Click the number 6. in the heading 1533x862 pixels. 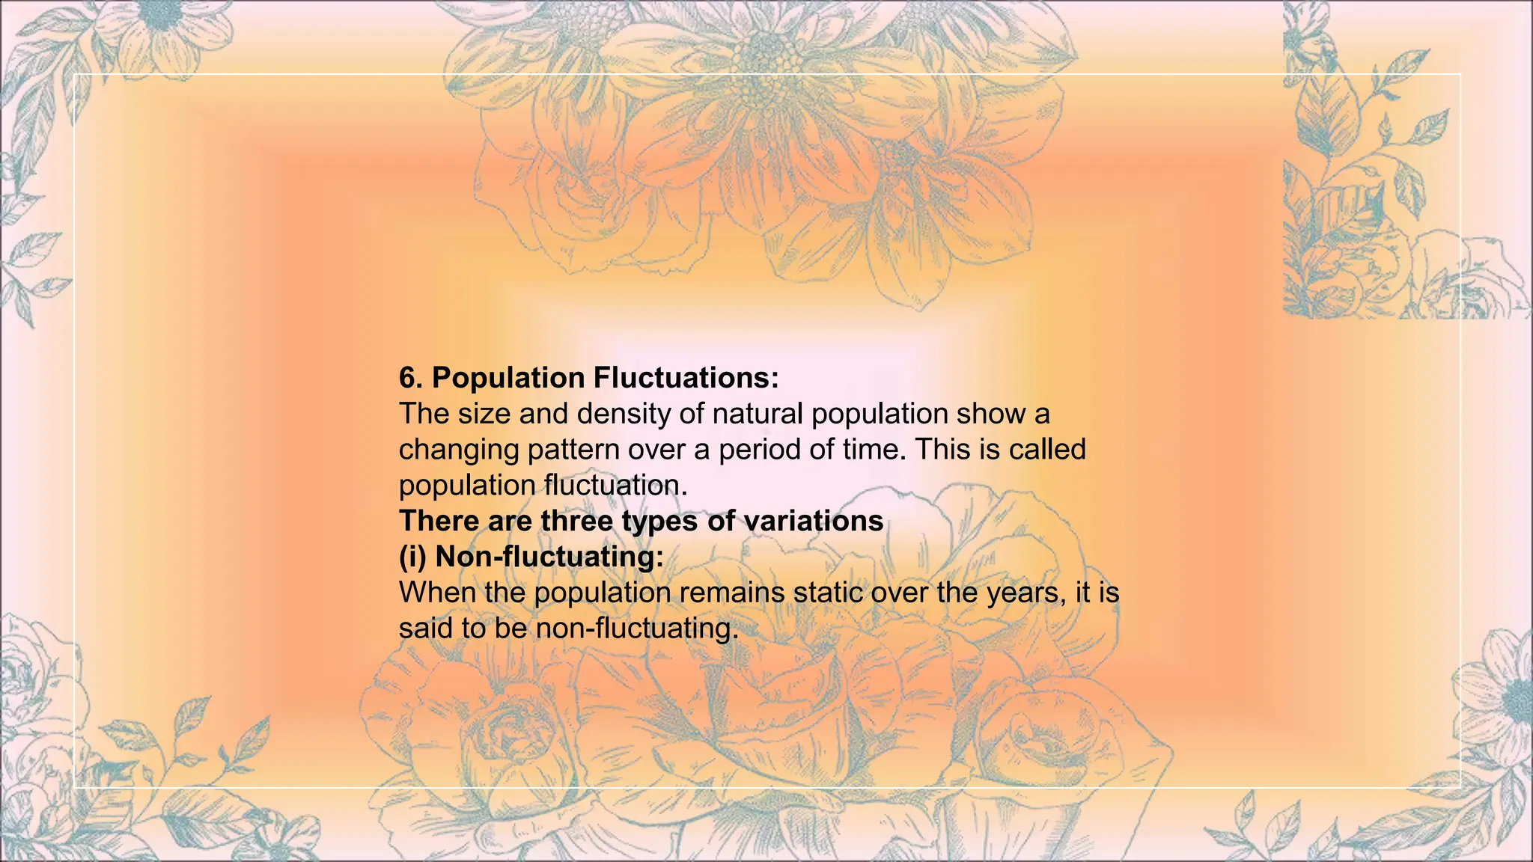pyautogui.click(x=412, y=378)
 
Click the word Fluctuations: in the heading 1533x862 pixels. pyautogui.click(x=686, y=378)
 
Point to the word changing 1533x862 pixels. pyautogui.click(x=459, y=450)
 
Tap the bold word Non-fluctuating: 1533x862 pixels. pyautogui.click(x=549, y=557)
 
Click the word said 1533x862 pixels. pyautogui.click(x=425, y=628)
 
